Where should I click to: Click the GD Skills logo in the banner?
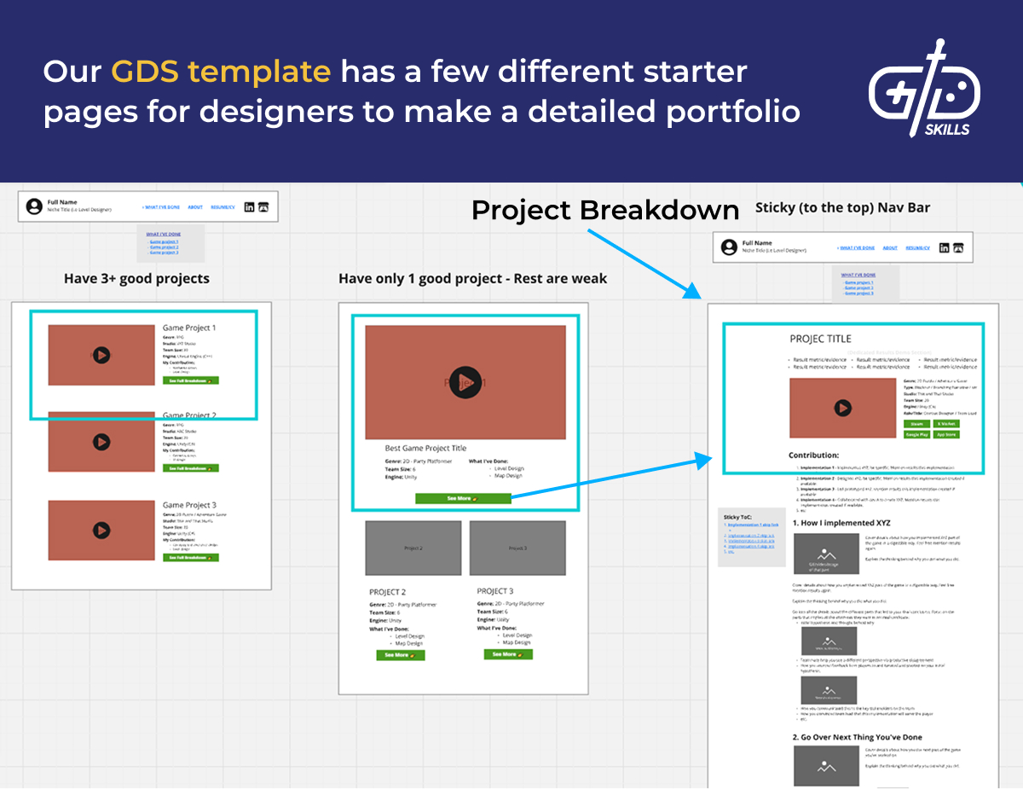click(924, 89)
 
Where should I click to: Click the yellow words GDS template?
click(221, 72)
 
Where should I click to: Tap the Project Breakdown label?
click(605, 210)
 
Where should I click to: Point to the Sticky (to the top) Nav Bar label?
click(843, 207)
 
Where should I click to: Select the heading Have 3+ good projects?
click(136, 278)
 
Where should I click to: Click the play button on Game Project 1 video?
click(101, 354)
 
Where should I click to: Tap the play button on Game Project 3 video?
click(101, 530)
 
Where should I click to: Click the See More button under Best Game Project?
click(463, 498)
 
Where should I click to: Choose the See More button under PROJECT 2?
click(401, 655)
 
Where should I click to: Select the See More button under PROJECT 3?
click(508, 654)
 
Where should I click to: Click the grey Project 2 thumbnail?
click(413, 548)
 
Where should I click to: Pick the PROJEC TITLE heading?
click(820, 339)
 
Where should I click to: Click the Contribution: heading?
click(813, 455)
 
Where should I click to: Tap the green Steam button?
click(916, 423)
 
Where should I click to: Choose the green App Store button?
click(946, 434)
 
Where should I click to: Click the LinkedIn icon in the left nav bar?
click(249, 207)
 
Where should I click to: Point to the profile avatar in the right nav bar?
click(729, 247)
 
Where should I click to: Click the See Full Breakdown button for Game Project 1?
click(191, 380)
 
